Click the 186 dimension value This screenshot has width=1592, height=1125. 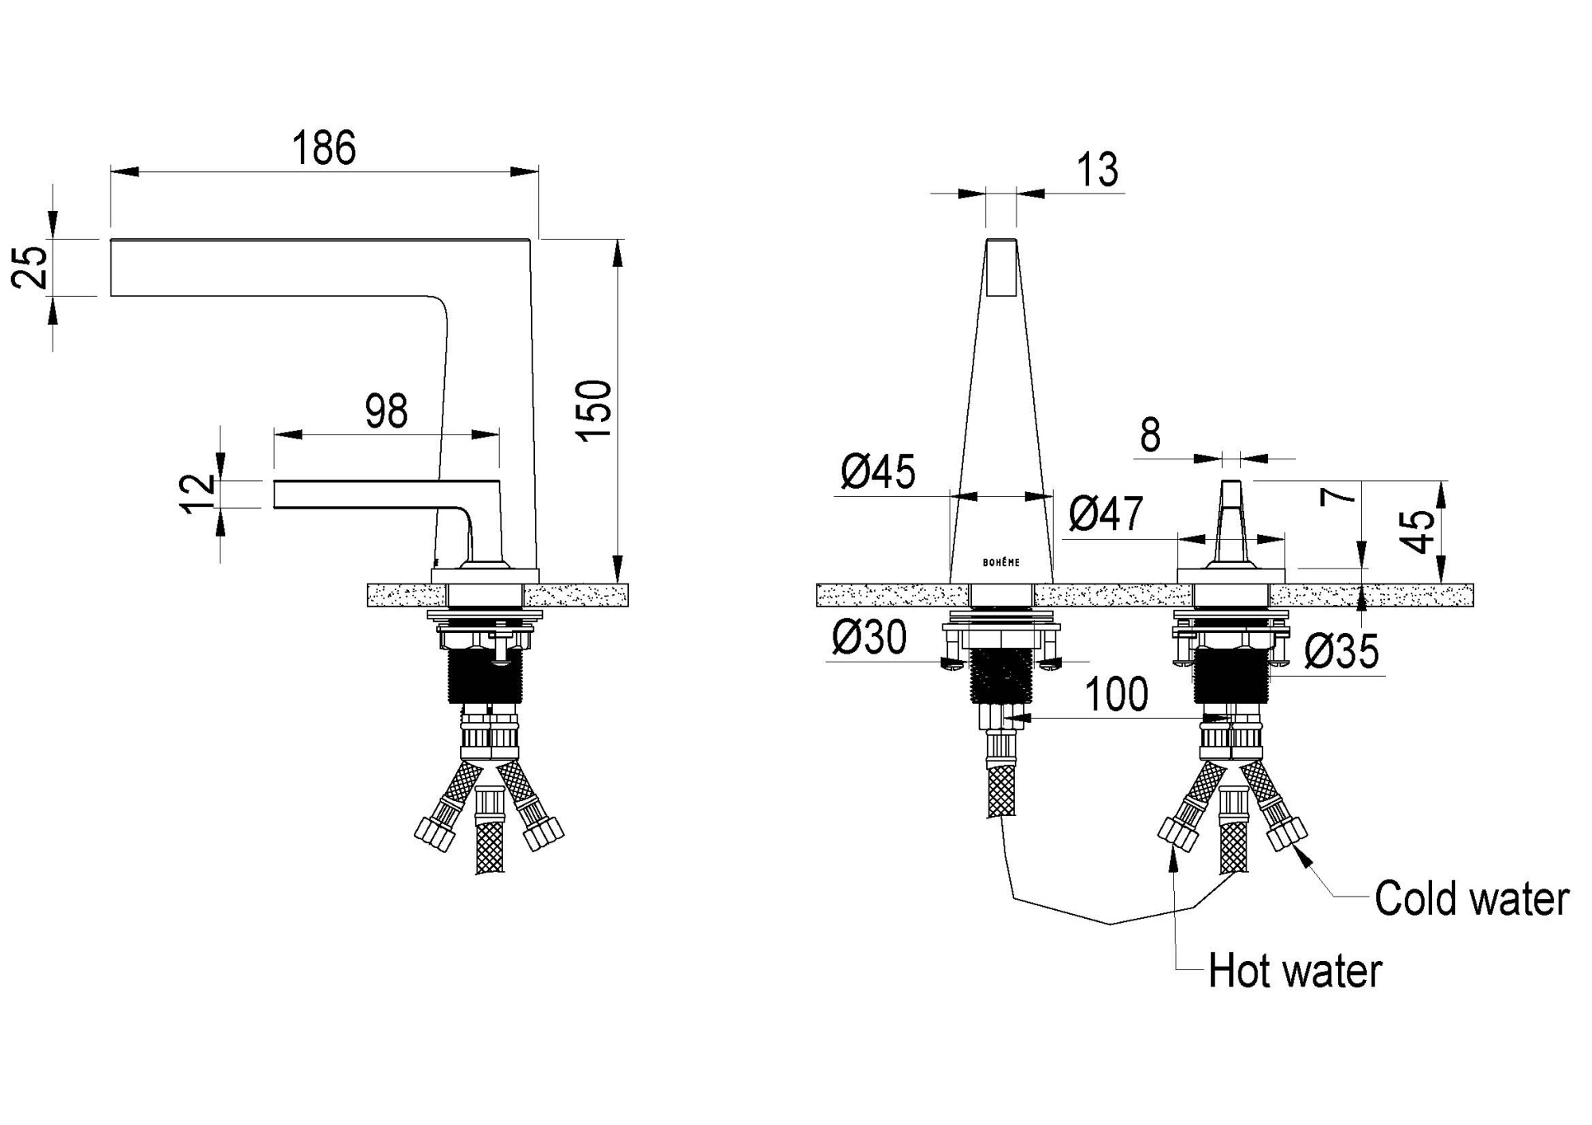pos(324,148)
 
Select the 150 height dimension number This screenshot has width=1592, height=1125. pos(595,410)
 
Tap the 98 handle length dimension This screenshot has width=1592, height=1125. pos(386,411)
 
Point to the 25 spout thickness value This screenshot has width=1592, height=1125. pos(30,268)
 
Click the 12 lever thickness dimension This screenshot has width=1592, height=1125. pos(198,494)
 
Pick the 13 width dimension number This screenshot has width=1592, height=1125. pos(1097,170)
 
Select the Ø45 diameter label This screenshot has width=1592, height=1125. pos(878,472)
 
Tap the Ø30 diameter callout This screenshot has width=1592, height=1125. pos(869,638)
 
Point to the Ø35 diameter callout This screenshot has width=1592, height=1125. pos(1342,652)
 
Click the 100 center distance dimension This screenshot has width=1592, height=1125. pos(1117,694)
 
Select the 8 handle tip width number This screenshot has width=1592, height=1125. pos(1150,436)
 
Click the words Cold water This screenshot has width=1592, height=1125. pos(1472,899)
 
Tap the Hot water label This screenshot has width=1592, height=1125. pos(1295,971)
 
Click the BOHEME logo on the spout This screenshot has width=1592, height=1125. pos(1001,562)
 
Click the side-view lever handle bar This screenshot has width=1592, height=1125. pos(387,494)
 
